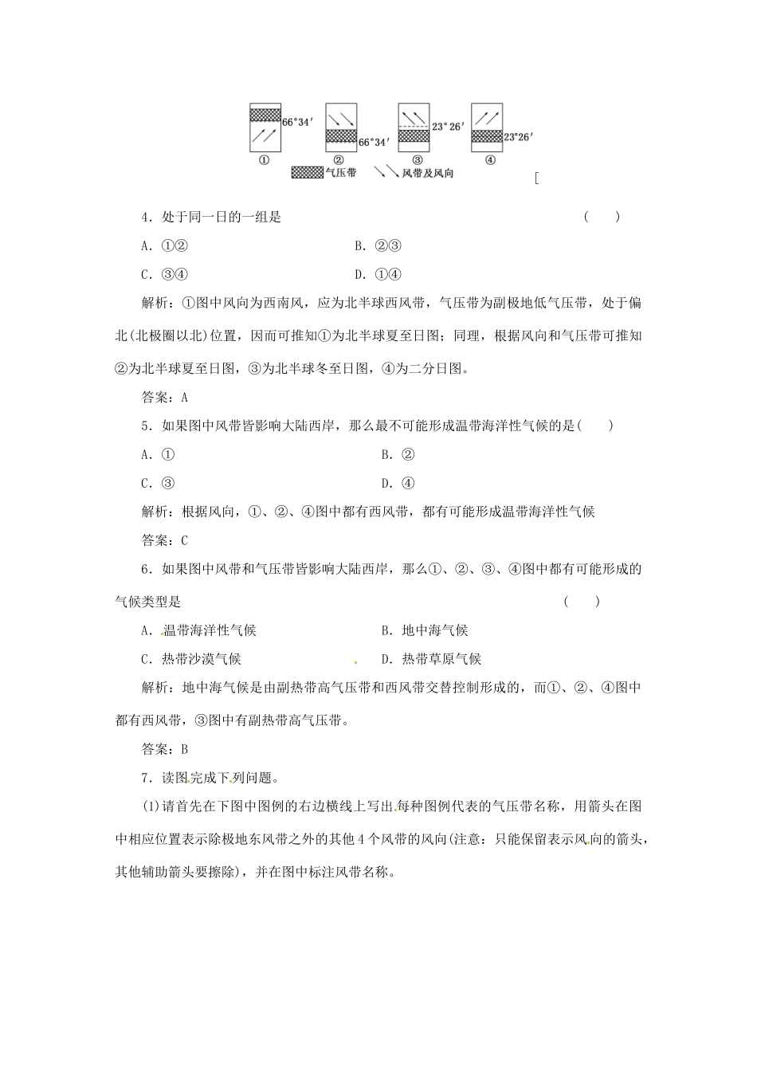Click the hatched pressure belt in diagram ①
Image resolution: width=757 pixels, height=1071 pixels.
coord(265,115)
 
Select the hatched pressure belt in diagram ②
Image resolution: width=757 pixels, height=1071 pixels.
coord(340,135)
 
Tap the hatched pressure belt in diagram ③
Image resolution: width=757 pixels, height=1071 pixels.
coord(414,135)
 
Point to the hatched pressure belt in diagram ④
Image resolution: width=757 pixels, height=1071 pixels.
coord(487,136)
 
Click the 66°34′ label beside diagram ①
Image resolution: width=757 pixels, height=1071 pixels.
coord(298,122)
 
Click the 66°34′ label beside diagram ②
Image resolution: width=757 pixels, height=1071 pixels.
coord(374,142)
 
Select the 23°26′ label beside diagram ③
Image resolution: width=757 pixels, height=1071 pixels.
coord(447,126)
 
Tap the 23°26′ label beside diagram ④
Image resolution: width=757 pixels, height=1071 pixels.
coord(518,136)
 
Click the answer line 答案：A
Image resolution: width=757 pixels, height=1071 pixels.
coord(164,397)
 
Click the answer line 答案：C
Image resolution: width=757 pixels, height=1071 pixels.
coord(164,540)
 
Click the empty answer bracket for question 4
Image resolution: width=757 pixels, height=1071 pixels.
coord(602,217)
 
